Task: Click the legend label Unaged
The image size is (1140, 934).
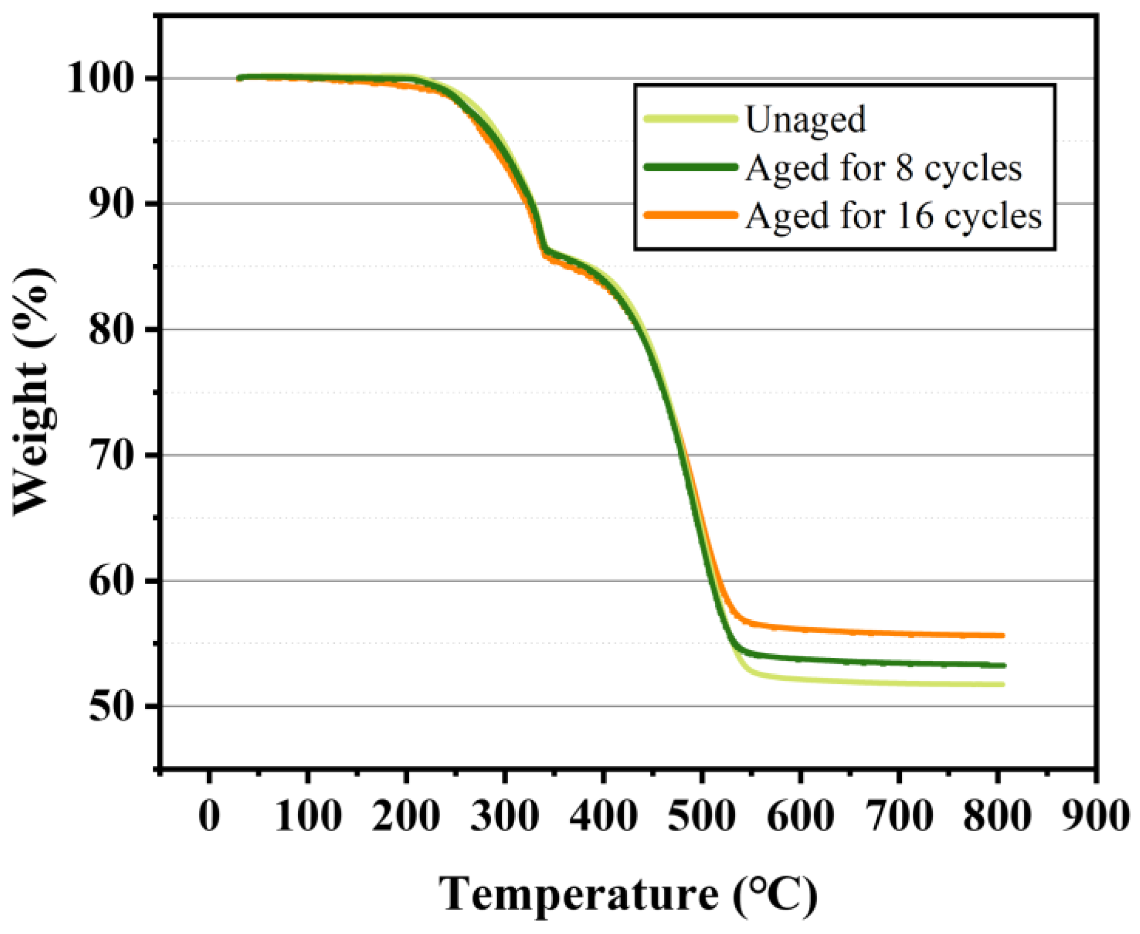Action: (x=805, y=119)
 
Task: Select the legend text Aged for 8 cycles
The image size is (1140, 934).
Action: (x=883, y=168)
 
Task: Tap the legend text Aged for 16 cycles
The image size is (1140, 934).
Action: (x=893, y=217)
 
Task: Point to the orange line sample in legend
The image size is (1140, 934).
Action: (x=691, y=215)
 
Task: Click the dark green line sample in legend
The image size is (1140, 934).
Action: (x=691, y=167)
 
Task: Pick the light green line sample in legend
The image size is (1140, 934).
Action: (x=691, y=119)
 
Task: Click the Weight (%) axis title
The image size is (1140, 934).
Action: (x=33, y=393)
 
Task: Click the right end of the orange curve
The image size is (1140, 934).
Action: (x=1003, y=635)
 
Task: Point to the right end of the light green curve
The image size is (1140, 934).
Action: (x=1003, y=685)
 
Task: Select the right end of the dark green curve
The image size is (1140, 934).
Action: (x=1003, y=666)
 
